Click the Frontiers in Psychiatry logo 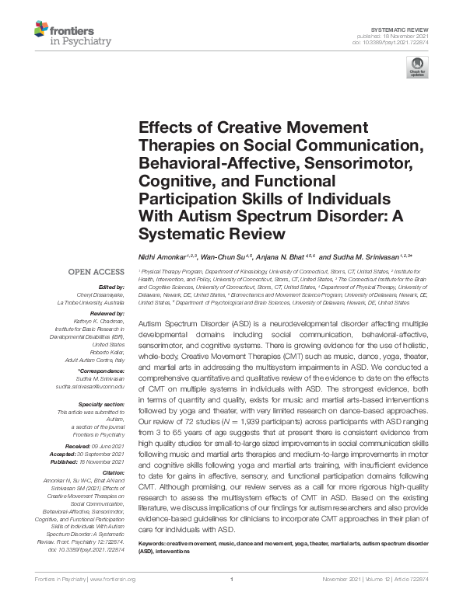click(x=73, y=34)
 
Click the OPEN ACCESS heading click(x=97, y=273)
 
